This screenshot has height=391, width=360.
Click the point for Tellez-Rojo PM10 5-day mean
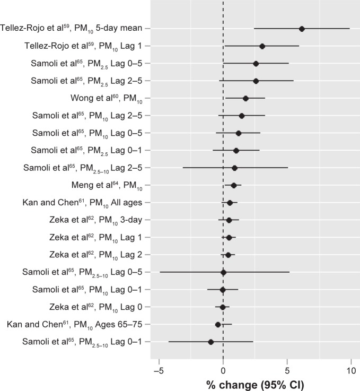[x=302, y=29]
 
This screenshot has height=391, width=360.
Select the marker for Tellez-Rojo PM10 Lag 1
[x=262, y=46]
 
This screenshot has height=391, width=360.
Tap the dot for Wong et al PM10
[x=245, y=99]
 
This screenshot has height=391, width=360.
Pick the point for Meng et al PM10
[x=234, y=185]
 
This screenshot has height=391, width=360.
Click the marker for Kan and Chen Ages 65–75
[x=218, y=324]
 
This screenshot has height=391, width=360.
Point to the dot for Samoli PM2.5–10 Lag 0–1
[x=211, y=342]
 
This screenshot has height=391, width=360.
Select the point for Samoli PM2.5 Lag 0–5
[x=256, y=64]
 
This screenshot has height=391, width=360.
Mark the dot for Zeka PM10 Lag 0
[x=223, y=307]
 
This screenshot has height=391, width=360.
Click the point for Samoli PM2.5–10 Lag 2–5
[x=234, y=168]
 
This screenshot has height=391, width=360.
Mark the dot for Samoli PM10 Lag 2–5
[x=241, y=116]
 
